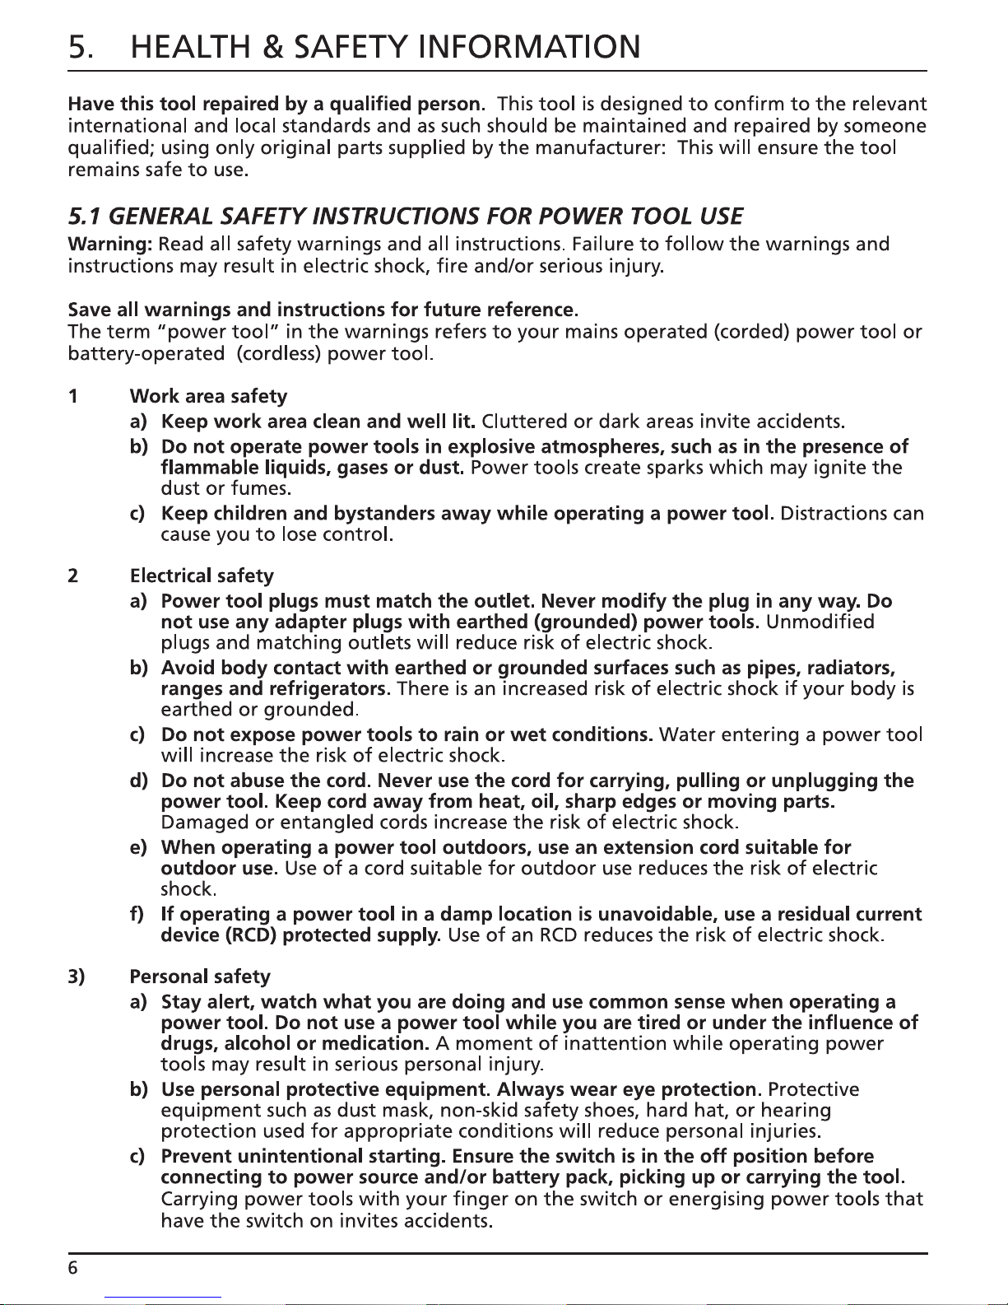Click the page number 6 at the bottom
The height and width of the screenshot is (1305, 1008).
click(72, 1269)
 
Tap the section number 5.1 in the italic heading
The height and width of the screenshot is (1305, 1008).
click(85, 217)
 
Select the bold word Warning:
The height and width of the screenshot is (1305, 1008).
click(110, 245)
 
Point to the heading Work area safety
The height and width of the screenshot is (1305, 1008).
click(208, 397)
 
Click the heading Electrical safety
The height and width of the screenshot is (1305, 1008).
click(202, 576)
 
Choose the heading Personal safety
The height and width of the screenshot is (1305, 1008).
click(200, 976)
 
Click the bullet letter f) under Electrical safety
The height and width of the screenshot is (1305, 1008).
click(137, 915)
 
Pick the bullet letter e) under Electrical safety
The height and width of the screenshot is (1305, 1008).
click(137, 847)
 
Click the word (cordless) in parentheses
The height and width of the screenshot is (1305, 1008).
click(279, 355)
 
